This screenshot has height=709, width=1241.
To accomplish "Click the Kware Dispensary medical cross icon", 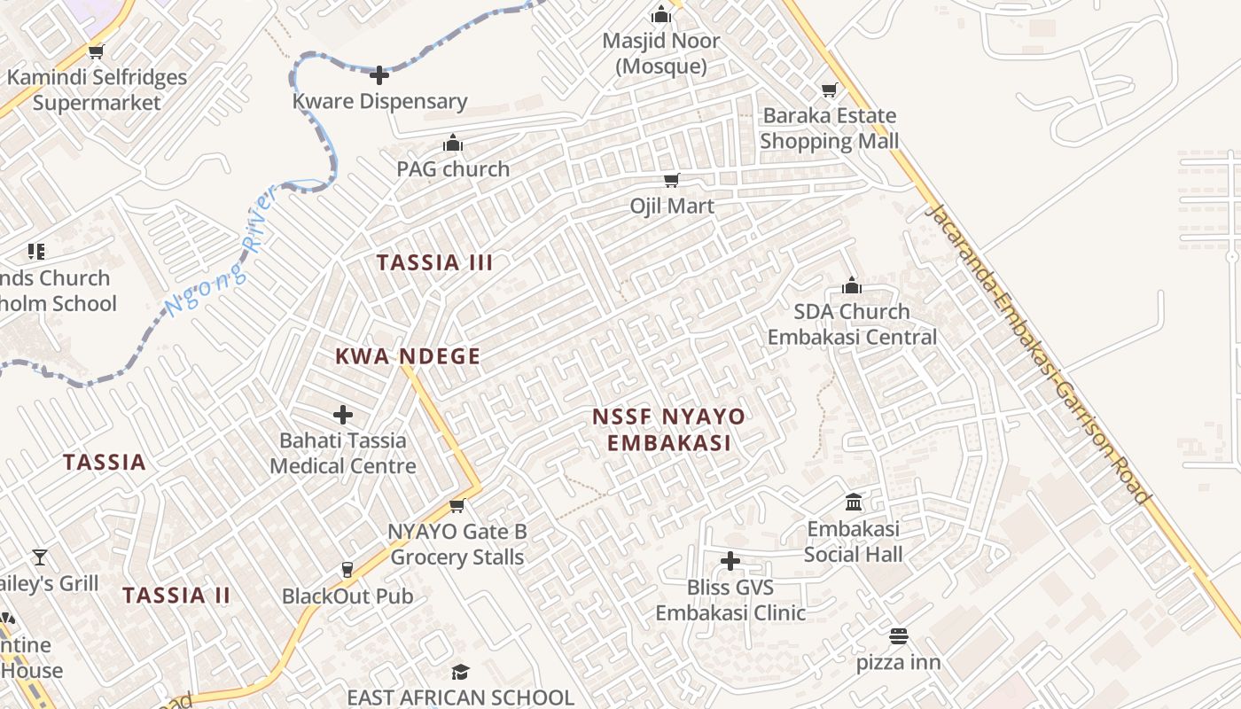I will coord(379,75).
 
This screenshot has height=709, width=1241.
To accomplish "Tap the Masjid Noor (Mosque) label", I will coord(660,53).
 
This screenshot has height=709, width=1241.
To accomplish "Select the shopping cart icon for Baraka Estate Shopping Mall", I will coord(829,90).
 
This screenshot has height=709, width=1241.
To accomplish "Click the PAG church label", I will coord(453,168).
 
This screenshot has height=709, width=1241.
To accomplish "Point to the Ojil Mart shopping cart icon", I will coord(671,180).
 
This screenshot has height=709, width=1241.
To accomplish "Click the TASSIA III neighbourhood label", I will coord(434,262).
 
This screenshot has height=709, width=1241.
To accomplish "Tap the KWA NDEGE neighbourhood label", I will coord(408,356).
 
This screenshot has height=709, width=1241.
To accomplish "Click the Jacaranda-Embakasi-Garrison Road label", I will coord(1036,353).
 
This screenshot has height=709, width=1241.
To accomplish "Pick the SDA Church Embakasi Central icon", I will coord(852,285).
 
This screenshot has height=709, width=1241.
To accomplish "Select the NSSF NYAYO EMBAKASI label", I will coord(668,429).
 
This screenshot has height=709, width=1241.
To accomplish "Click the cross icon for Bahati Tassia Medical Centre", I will coord(343,414).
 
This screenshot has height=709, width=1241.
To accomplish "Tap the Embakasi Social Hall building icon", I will coord(854,503).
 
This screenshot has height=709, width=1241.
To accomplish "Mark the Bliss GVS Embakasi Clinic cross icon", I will coord(730,561).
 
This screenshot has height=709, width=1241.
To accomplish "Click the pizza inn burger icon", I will coord(899,636).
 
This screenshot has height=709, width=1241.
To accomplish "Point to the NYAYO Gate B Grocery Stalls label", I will coord(457,544).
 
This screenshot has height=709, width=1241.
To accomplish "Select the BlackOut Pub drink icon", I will coord(347,569).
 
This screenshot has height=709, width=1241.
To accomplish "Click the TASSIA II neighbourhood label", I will coord(176,595).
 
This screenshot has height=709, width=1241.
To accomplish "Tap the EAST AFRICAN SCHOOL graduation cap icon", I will coord(459,672).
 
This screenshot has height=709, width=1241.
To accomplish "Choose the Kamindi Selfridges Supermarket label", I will coord(97,90).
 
